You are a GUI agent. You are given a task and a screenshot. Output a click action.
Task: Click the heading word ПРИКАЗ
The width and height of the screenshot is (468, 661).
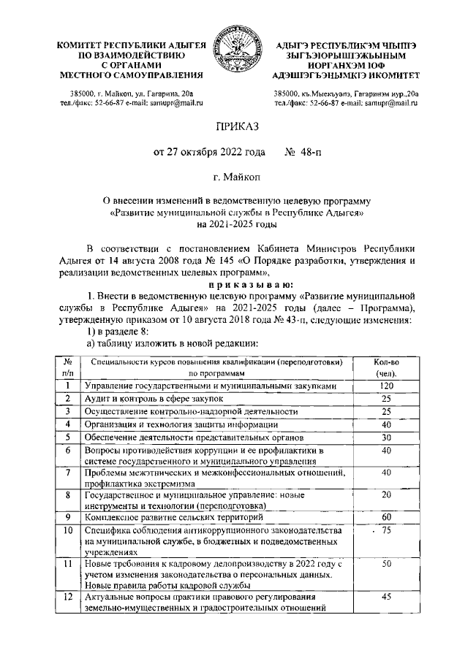coord(233,129)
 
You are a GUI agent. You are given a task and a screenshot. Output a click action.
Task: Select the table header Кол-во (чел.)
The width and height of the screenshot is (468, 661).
coord(387,367)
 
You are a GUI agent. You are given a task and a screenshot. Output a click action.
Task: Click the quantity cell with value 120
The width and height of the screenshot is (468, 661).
coord(387,385)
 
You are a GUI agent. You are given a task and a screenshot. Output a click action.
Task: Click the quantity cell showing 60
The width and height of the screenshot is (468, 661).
coord(387,516)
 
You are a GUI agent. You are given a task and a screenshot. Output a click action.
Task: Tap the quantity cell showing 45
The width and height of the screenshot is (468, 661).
coord(387,598)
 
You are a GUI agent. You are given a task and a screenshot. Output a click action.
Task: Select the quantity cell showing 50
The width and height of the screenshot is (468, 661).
coord(387,565)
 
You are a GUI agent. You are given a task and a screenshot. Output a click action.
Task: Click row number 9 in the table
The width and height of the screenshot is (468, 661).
coord(67,516)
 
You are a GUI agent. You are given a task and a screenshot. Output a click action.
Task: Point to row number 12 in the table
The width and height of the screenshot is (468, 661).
coord(67,598)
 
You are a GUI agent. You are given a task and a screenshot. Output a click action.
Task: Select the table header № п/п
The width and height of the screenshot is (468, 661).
coord(67,367)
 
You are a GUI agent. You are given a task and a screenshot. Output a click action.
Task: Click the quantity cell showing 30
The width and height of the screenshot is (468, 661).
coord(387,437)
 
